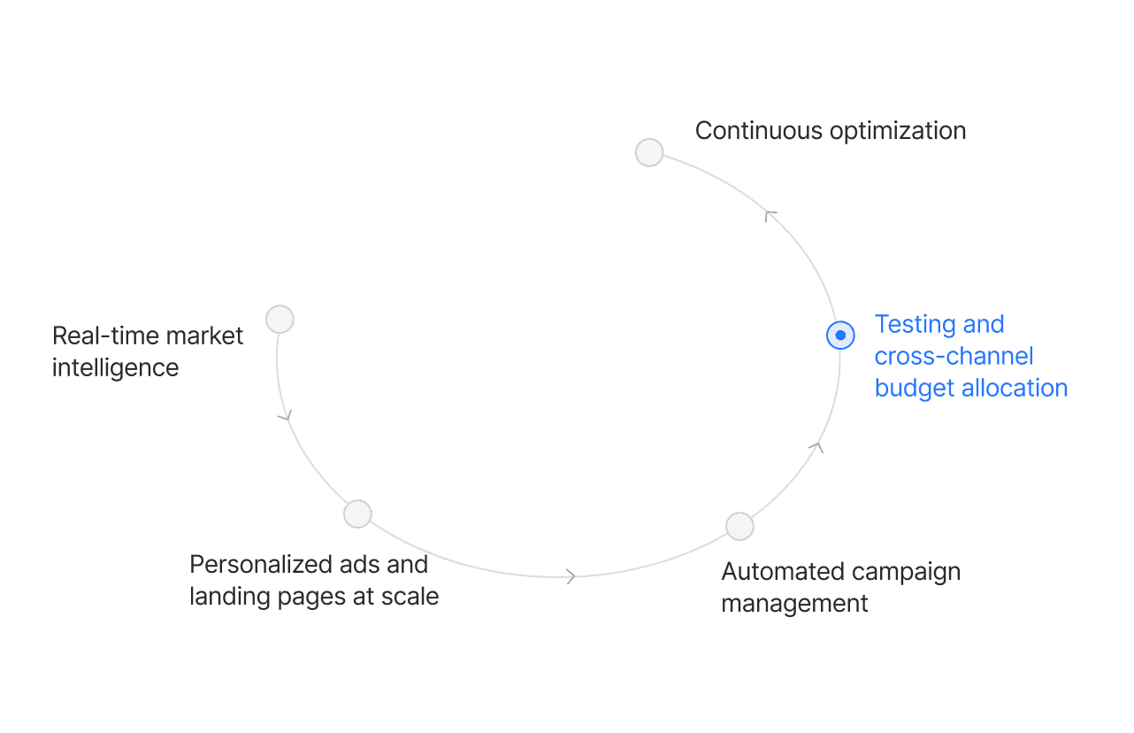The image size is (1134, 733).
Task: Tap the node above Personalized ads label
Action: tap(357, 513)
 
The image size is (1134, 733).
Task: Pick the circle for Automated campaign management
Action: tap(739, 526)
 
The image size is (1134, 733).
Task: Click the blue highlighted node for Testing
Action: tap(840, 336)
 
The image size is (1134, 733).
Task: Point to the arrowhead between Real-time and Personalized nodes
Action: tap(285, 414)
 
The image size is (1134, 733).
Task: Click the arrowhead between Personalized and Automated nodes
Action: tap(571, 576)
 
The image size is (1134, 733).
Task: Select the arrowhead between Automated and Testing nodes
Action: tap(818, 448)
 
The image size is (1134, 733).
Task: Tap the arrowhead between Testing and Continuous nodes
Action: tap(770, 213)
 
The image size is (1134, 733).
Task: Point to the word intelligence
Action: tap(115, 367)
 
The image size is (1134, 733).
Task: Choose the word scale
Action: tap(410, 596)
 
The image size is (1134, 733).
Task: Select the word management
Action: tap(794, 604)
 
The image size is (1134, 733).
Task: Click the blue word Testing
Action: tap(915, 325)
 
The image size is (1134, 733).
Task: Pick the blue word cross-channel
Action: tap(954, 356)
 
